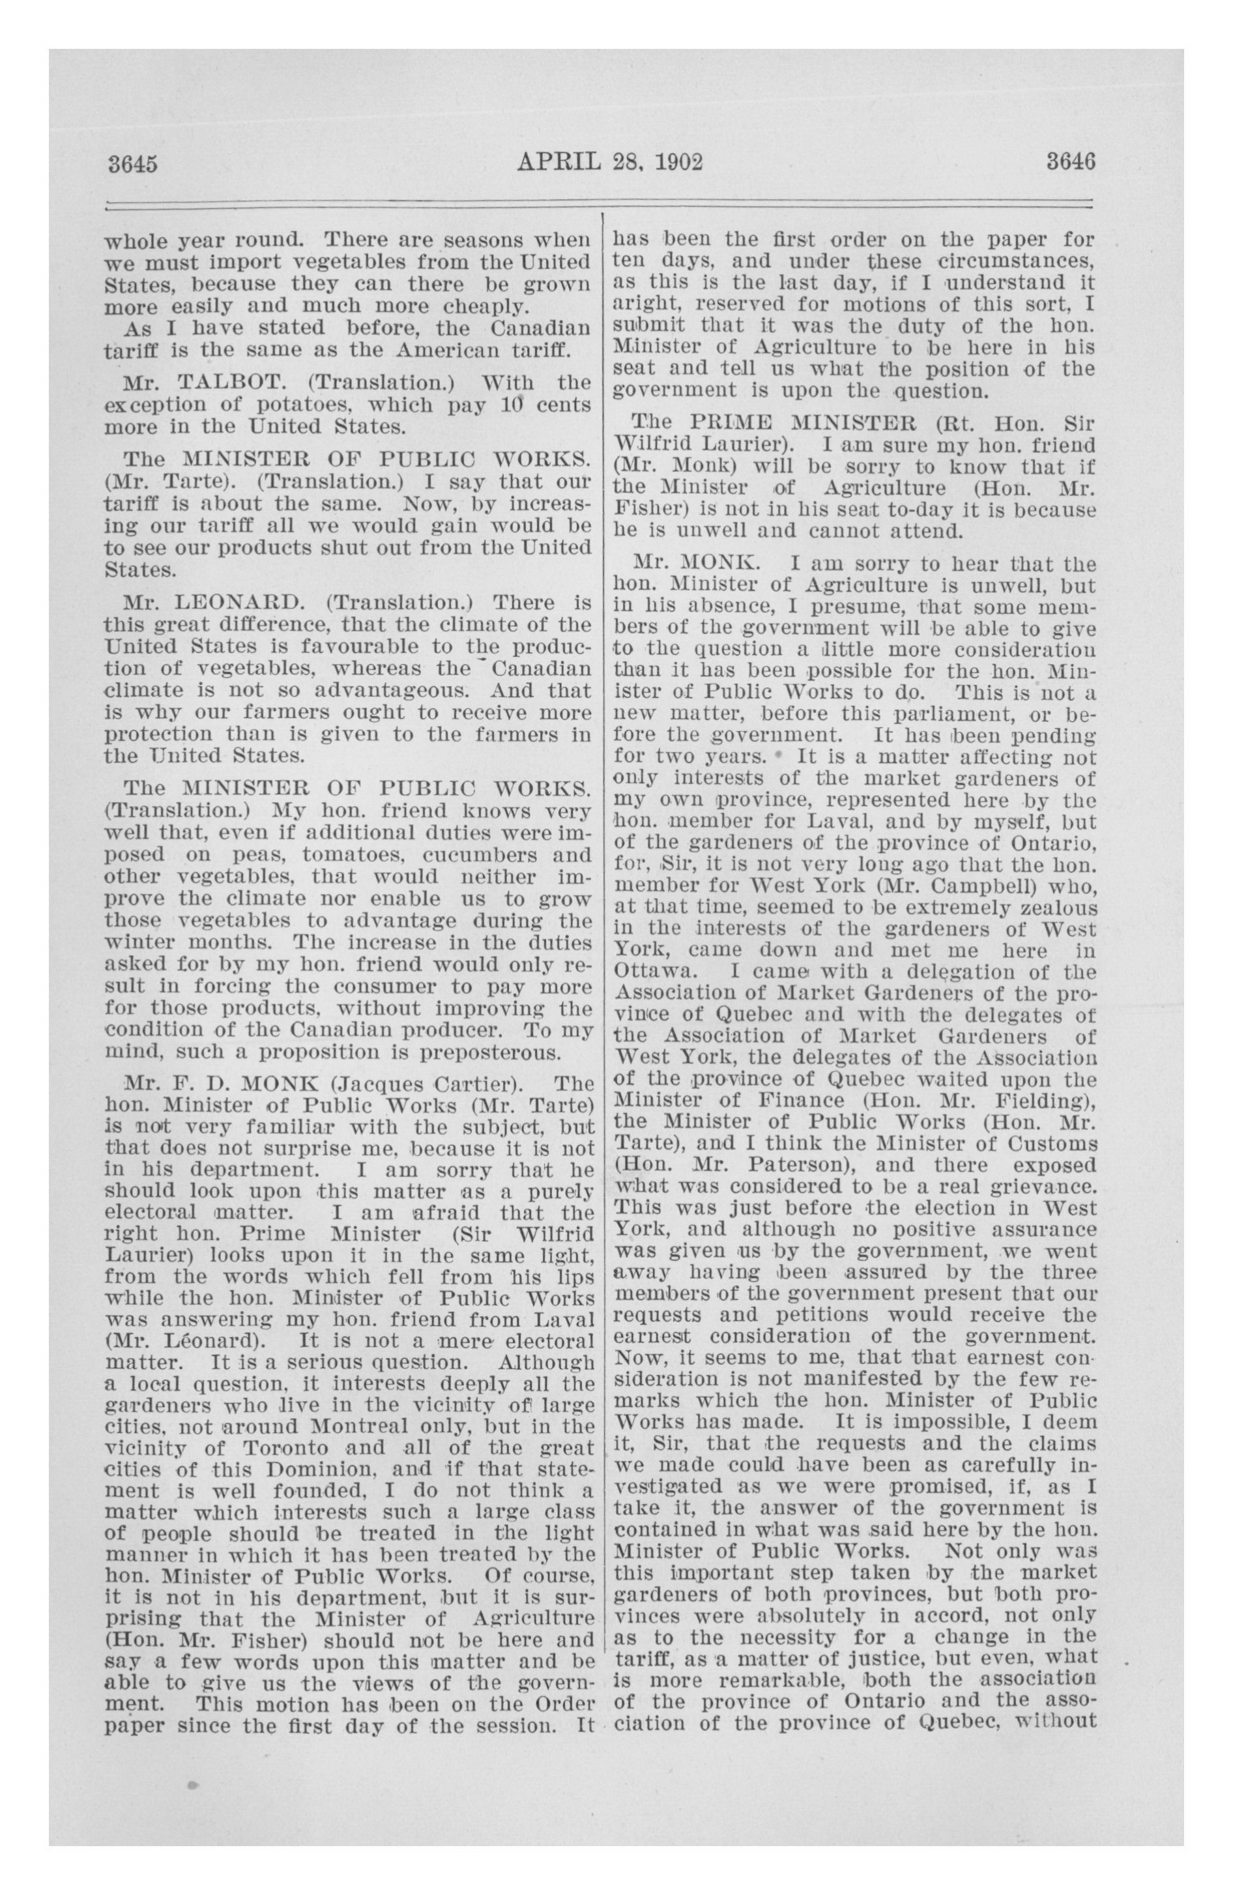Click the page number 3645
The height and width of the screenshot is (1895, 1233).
(x=132, y=164)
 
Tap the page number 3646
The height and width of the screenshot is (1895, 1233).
(x=1071, y=162)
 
